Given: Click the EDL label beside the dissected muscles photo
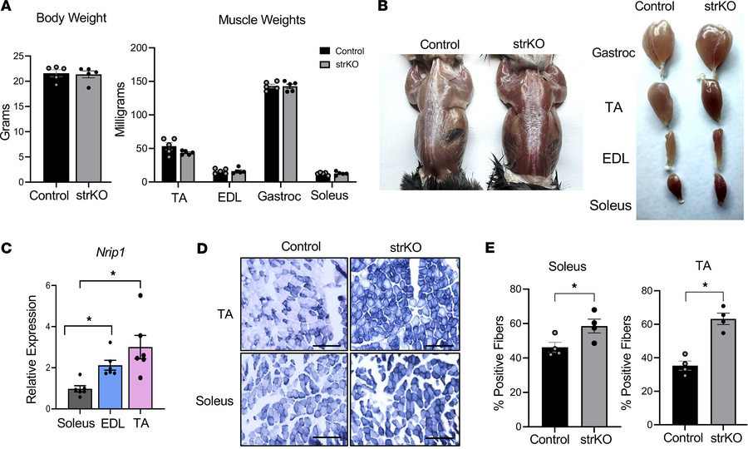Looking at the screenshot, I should (613, 158).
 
